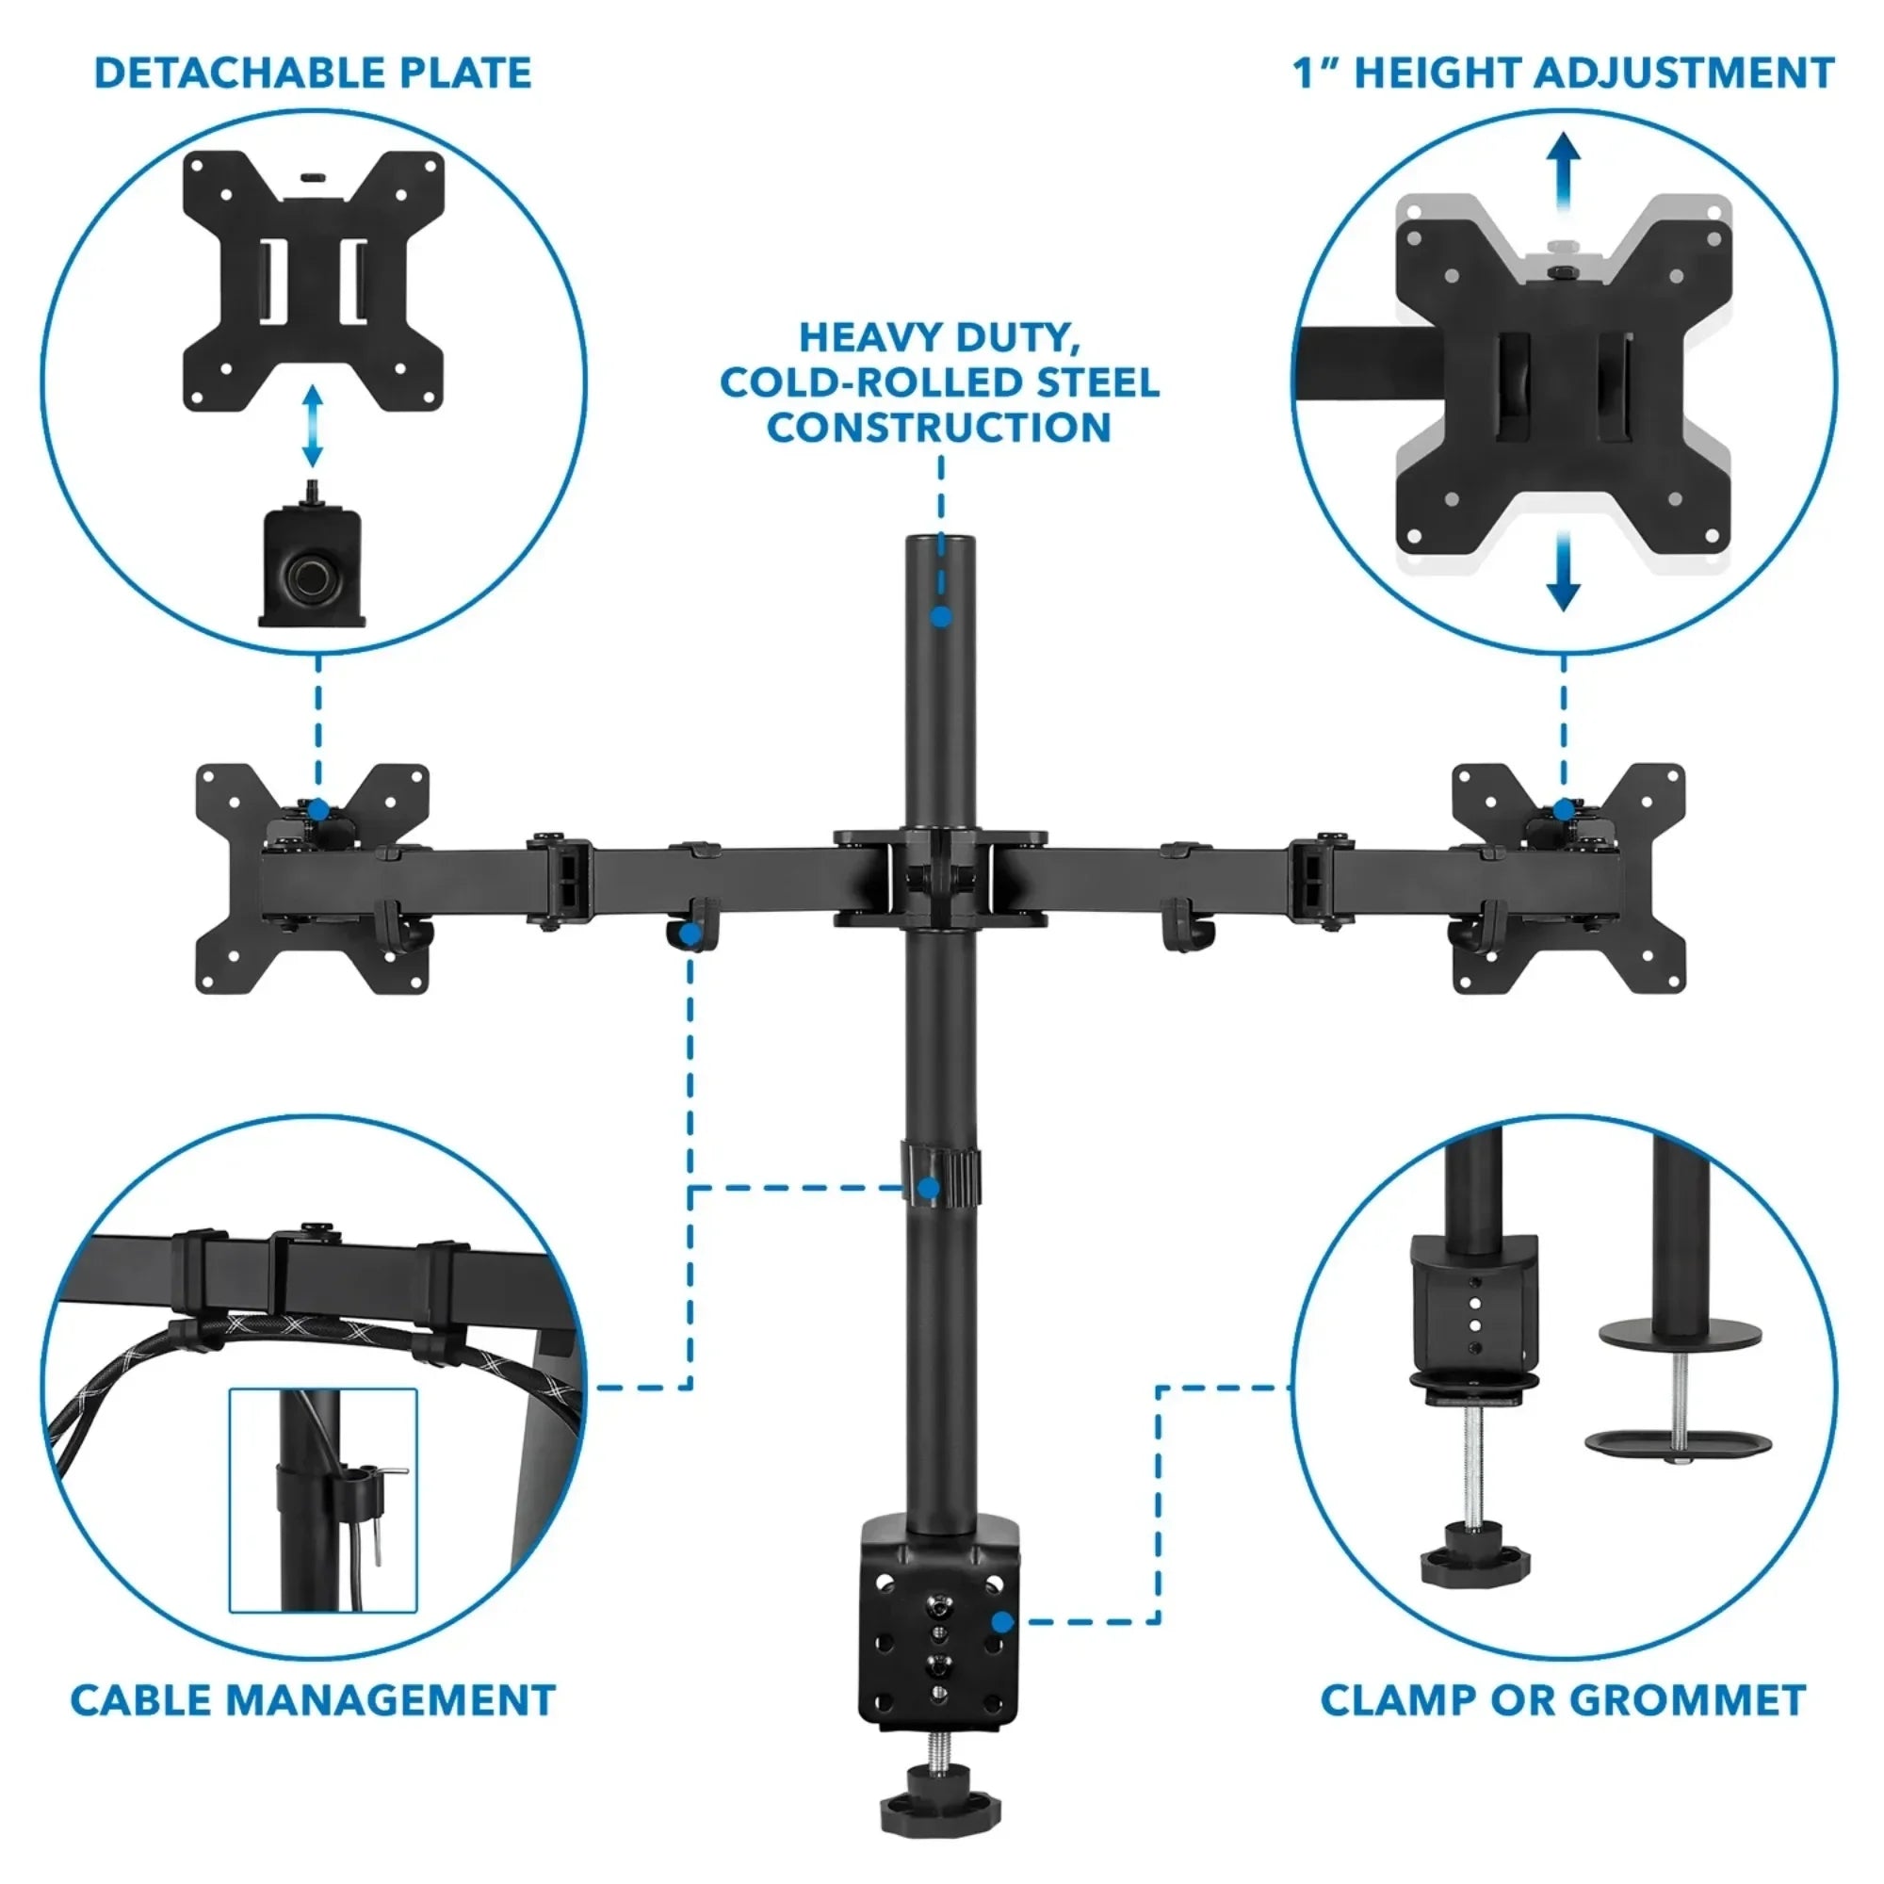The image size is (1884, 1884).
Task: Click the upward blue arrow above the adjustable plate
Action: click(x=1564, y=166)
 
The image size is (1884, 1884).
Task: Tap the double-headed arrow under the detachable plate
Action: click(x=312, y=426)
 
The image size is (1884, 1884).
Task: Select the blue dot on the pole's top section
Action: click(x=940, y=616)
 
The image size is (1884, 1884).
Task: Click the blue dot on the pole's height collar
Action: click(x=930, y=1188)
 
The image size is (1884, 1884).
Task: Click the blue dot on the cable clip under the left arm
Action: click(x=690, y=935)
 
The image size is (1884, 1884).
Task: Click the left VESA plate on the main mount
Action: click(x=312, y=878)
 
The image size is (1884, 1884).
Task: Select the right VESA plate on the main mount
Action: click(x=1568, y=878)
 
